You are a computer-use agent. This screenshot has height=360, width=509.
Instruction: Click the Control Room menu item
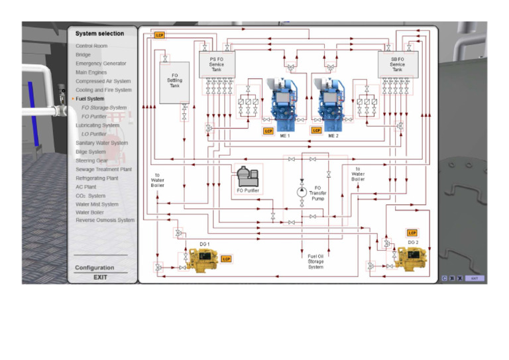[91, 46]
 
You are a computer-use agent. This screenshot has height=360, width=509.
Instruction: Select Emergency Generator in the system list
[101, 64]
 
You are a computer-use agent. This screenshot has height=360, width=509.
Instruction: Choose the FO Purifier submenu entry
[94, 116]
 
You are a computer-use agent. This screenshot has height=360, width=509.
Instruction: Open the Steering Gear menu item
[91, 160]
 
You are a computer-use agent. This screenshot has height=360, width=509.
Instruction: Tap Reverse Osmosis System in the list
[105, 220]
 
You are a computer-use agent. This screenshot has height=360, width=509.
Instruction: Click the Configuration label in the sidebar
[94, 268]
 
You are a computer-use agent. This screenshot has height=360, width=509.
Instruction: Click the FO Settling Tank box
[174, 82]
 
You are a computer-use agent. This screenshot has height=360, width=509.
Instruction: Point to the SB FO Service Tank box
[397, 64]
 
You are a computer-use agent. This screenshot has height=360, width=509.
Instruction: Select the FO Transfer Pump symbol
[302, 191]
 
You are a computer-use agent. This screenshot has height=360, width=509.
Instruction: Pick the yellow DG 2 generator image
[411, 257]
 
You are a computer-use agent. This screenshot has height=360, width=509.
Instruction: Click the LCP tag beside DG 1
[226, 259]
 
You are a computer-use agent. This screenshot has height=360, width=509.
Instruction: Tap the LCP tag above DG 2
[412, 233]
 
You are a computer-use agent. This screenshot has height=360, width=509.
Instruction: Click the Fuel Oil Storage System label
[315, 261]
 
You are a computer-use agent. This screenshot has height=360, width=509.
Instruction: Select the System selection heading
[99, 34]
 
